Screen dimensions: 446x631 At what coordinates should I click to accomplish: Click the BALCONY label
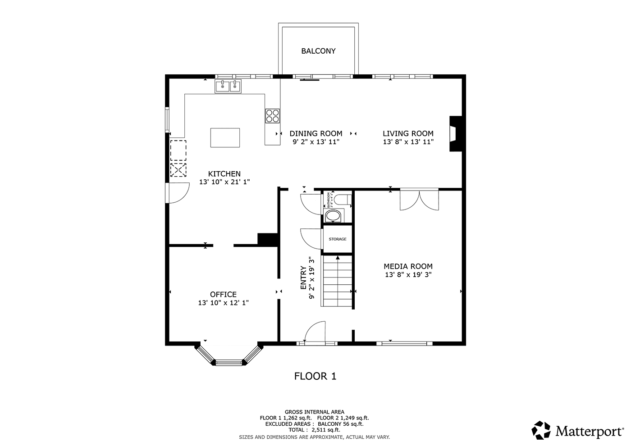point(318,51)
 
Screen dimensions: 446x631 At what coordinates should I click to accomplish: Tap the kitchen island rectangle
point(225,137)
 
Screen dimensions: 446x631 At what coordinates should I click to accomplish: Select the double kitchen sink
point(228,86)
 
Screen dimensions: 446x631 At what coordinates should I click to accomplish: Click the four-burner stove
point(272,116)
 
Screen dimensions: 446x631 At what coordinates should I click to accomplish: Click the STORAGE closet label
point(338,239)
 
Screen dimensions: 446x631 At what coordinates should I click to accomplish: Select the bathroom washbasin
point(334,216)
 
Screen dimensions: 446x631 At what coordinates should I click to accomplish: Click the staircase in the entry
point(337,282)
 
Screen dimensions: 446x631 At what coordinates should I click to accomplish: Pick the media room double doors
point(419,200)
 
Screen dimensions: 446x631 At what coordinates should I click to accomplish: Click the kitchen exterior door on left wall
point(178,193)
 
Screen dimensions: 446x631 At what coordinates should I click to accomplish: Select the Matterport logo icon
point(541,430)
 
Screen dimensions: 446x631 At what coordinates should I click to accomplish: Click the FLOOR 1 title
point(315,376)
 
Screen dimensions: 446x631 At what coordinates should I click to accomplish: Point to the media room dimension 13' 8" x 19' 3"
point(408,274)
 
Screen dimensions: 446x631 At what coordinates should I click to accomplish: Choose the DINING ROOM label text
point(315,133)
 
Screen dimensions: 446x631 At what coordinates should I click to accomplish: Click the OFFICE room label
point(223,295)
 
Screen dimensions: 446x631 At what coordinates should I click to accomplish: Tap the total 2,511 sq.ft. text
point(314,430)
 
